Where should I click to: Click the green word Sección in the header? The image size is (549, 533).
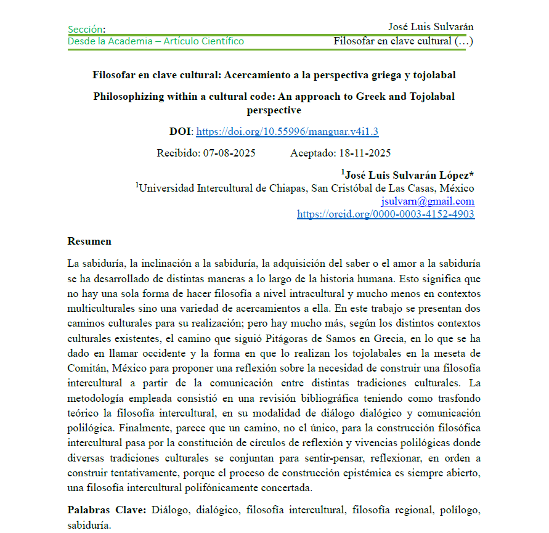tap(85, 29)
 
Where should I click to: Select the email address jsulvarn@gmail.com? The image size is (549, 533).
tap(428, 201)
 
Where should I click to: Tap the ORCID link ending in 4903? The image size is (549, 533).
tap(386, 214)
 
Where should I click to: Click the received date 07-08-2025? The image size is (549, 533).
tap(229, 153)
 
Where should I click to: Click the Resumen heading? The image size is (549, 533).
tap(89, 241)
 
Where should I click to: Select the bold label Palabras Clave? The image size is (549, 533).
tap(106, 510)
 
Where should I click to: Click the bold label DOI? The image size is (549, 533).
tap(181, 131)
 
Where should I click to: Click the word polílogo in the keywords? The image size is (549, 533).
tap(460, 510)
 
